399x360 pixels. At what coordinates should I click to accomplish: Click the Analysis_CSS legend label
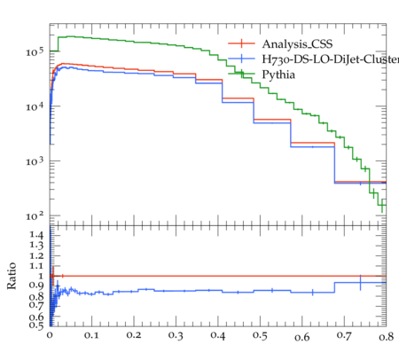click(297, 44)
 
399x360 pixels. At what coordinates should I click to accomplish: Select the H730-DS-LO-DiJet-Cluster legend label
click(331, 59)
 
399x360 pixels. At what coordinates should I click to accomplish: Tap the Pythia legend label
click(278, 74)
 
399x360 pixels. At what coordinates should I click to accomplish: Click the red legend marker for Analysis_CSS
click(241, 43)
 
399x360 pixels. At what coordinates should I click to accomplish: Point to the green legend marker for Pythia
click(241, 74)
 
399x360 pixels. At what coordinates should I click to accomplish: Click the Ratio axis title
click(12, 276)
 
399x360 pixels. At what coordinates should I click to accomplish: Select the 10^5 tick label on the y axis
click(35, 52)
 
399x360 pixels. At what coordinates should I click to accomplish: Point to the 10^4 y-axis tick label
click(35, 106)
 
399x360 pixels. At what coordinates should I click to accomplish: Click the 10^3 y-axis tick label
click(35, 161)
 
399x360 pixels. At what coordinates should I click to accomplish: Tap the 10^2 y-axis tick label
click(35, 216)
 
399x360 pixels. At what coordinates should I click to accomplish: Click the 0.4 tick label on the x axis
click(218, 335)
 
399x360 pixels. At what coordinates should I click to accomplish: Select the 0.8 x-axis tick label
click(387, 336)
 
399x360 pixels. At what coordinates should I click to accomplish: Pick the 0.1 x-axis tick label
click(91, 335)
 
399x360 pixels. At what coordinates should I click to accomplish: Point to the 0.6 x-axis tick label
click(302, 337)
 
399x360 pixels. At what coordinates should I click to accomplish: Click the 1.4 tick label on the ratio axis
click(36, 235)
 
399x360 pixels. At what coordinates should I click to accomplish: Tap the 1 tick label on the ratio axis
click(41, 276)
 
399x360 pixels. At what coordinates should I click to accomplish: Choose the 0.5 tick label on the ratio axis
click(36, 325)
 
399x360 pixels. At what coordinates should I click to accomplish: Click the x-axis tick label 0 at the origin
click(50, 335)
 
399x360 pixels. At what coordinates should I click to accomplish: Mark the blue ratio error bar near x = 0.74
click(360, 283)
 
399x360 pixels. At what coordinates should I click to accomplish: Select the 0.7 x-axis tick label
click(344, 335)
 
